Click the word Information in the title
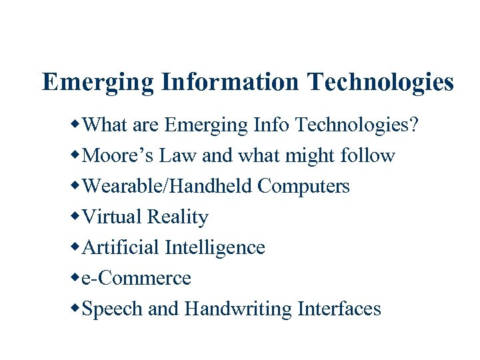pyautogui.click(x=229, y=83)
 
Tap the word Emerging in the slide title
pyautogui.click(x=97, y=83)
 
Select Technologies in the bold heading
pyautogui.click(x=380, y=83)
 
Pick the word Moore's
pyautogui.click(x=114, y=155)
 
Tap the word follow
pyautogui.click(x=367, y=155)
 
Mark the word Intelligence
pyautogui.click(x=215, y=248)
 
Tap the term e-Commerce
pyautogui.click(x=135, y=278)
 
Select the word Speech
pyautogui.click(x=111, y=309)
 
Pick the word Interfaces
pyautogui.click(x=339, y=309)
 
